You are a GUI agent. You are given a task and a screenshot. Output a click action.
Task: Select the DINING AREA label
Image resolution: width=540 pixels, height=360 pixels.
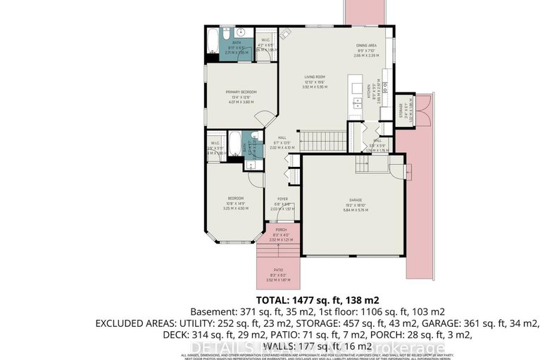pyautogui.click(x=366, y=45)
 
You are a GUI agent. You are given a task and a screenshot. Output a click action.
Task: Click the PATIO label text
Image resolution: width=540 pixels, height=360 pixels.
pyautogui.click(x=279, y=270)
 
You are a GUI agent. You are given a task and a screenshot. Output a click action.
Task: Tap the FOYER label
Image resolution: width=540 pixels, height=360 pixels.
pyautogui.click(x=282, y=199)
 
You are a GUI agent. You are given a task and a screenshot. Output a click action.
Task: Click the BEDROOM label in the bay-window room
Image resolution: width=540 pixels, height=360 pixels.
pyautogui.click(x=236, y=199)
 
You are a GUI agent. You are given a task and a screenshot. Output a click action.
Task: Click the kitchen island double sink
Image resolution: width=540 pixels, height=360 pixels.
pyautogui.click(x=358, y=103)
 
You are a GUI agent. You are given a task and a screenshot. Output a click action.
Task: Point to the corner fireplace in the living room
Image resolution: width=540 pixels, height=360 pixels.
pyautogui.click(x=284, y=34)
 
